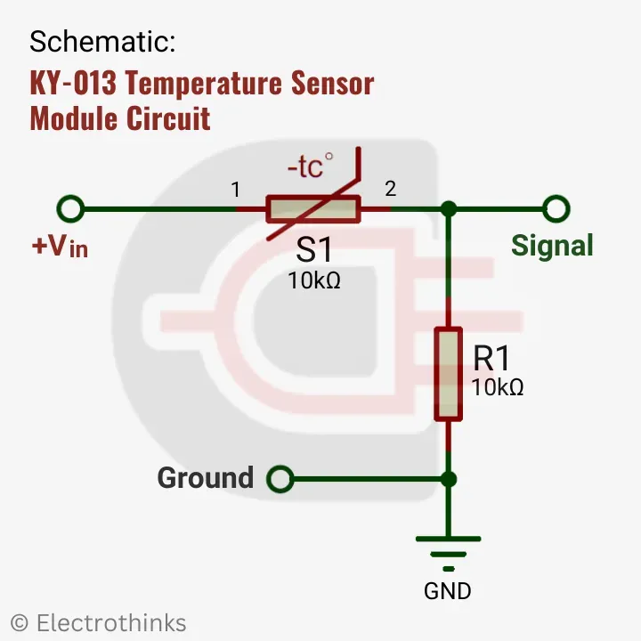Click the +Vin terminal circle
point(69,209)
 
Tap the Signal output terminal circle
point(556,209)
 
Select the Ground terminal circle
point(280,479)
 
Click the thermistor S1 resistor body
point(313,210)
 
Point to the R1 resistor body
point(448,373)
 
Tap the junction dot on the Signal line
point(449,209)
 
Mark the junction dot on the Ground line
point(449,479)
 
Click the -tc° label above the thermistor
point(310,166)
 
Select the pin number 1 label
point(235,189)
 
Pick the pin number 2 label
point(390,188)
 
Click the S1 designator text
point(313,250)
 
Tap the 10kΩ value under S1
point(314,280)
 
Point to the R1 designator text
point(491,358)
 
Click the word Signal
point(552,246)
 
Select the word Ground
point(205,478)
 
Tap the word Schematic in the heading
point(102,41)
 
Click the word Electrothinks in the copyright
point(111,622)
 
